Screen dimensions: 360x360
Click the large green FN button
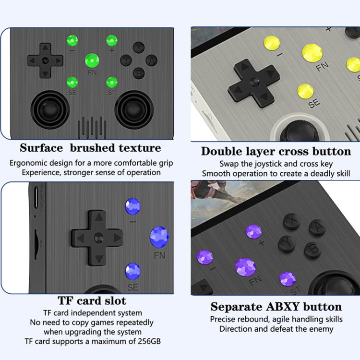point(92,61)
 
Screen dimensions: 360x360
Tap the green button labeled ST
point(112,82)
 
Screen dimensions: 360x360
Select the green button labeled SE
point(72,82)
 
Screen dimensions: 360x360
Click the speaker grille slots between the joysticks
point(92,127)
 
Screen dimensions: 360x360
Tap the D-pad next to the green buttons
point(45,60)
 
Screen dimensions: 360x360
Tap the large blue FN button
point(159,236)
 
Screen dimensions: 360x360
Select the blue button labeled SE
point(132,272)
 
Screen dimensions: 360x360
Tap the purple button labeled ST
point(288,278)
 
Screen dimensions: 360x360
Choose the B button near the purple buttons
point(312,249)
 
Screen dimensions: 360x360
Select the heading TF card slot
point(92,301)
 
